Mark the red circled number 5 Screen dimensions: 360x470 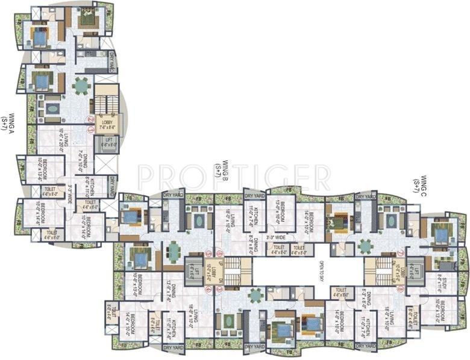coord(208,254)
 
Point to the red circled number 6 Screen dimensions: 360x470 coord(220,254)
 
